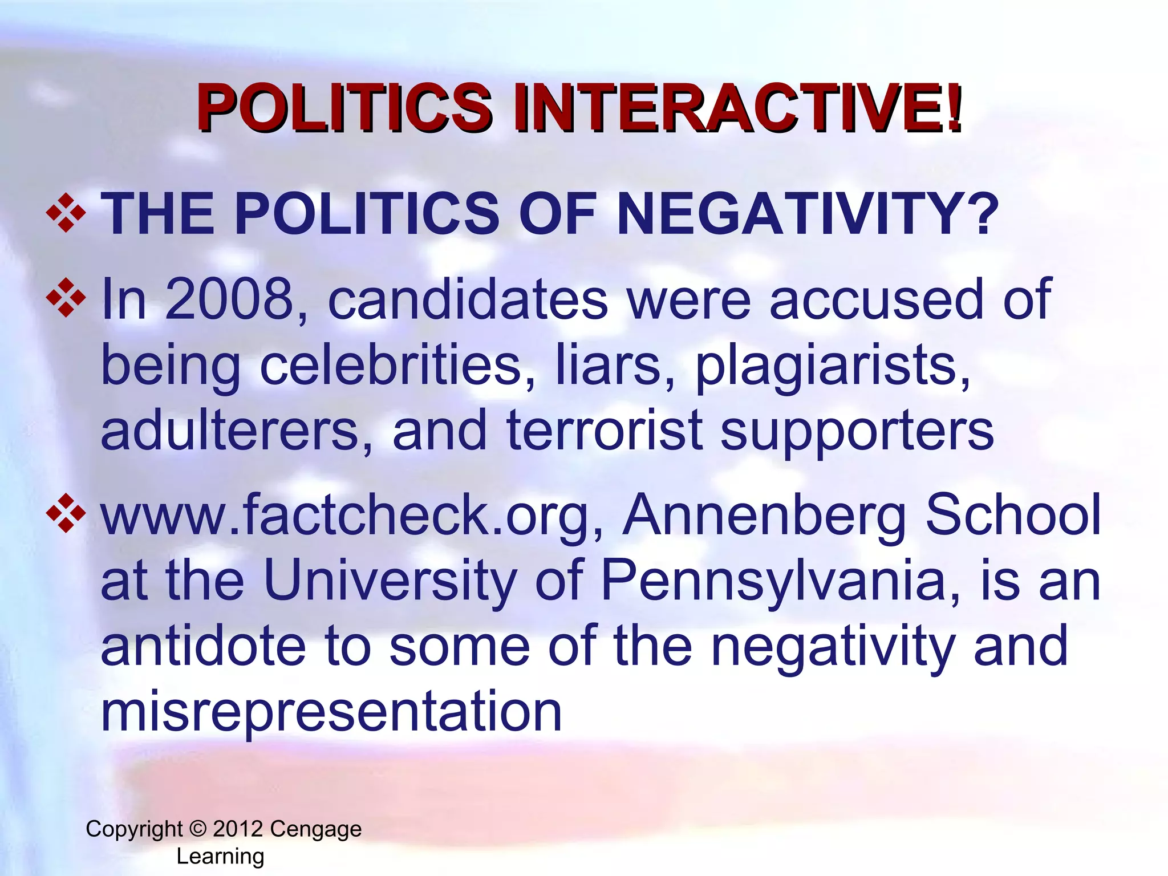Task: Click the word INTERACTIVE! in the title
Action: point(738,108)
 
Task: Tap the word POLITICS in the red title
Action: point(344,108)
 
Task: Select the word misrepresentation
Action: point(331,712)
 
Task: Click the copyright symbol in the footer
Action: point(198,829)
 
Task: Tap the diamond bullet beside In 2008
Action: point(66,297)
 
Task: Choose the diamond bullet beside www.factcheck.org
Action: point(66,513)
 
